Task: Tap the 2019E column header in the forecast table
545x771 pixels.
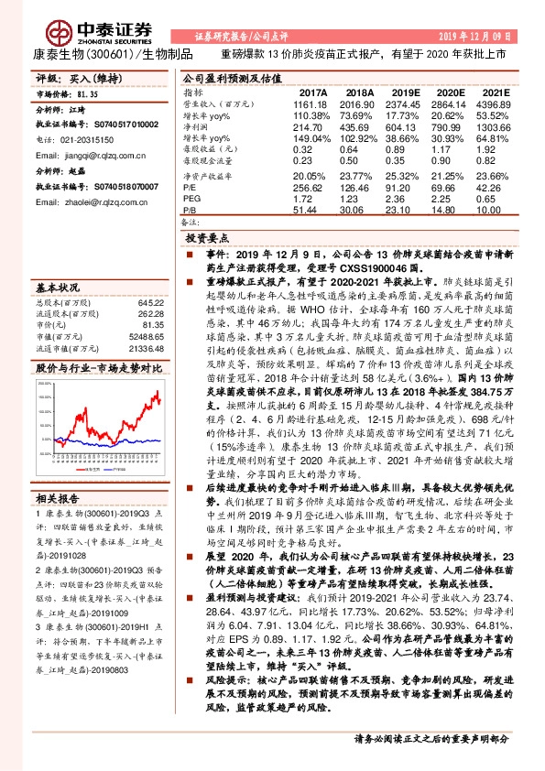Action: tap(406, 93)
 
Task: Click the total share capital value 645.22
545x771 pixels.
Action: tap(150, 301)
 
